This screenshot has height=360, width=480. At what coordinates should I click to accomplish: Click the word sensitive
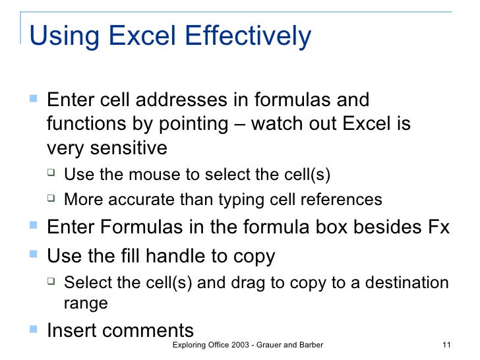coord(131,148)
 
